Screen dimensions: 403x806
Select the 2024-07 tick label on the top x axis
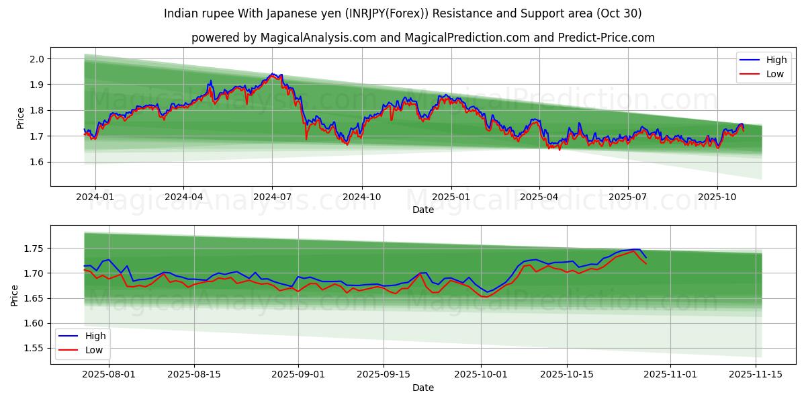[x=272, y=197]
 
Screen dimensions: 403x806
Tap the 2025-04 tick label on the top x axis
[x=539, y=197]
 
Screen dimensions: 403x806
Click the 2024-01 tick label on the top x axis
[x=95, y=197]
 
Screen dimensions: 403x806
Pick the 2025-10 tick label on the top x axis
[x=717, y=197]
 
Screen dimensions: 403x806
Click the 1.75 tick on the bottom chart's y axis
[x=33, y=249]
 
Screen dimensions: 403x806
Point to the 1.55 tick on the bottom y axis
[x=33, y=348]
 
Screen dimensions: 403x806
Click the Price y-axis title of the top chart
[x=20, y=117]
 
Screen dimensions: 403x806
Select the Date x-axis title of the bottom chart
[x=423, y=388]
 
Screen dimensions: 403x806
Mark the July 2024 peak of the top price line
[x=272, y=74]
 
